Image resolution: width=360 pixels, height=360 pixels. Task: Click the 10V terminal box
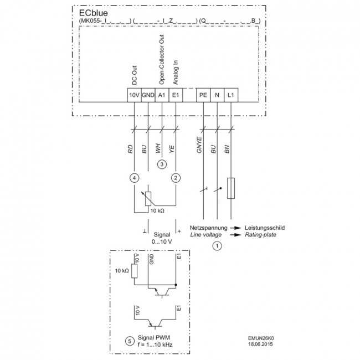pyautogui.click(x=135, y=95)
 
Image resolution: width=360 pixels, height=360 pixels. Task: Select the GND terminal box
pyautogui.click(x=148, y=95)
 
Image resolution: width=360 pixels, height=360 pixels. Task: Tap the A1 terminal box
pyautogui.click(x=162, y=95)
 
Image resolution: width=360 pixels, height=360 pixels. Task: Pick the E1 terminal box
pyautogui.click(x=176, y=95)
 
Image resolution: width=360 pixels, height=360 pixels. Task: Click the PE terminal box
pyautogui.click(x=203, y=95)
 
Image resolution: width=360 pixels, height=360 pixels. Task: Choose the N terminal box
pyautogui.click(x=217, y=95)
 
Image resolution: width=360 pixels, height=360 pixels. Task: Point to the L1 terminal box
pyautogui.click(x=231, y=95)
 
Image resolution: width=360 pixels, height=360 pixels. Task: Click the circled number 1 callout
pyautogui.click(x=217, y=246)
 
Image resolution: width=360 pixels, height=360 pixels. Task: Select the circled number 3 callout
pyautogui.click(x=162, y=164)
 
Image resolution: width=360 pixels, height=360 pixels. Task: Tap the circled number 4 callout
pyautogui.click(x=135, y=178)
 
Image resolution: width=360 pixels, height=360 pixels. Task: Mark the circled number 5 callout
pyautogui.click(x=130, y=341)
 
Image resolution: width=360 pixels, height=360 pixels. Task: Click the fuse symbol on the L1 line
pyautogui.click(x=231, y=188)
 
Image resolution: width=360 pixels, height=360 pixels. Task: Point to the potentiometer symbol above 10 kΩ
pyautogui.click(x=148, y=198)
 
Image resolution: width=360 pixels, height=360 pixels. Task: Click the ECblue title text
pyautogui.click(x=93, y=13)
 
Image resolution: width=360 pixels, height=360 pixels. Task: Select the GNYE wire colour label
pyautogui.click(x=199, y=145)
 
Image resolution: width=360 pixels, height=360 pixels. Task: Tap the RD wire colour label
pyautogui.click(x=130, y=149)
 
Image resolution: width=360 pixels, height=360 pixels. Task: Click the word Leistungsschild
pyautogui.click(x=265, y=228)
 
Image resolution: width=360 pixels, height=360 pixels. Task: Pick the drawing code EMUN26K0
pyautogui.click(x=261, y=338)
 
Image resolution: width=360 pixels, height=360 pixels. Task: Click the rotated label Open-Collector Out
pyautogui.click(x=162, y=60)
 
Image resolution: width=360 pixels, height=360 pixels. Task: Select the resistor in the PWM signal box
pyautogui.click(x=135, y=271)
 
